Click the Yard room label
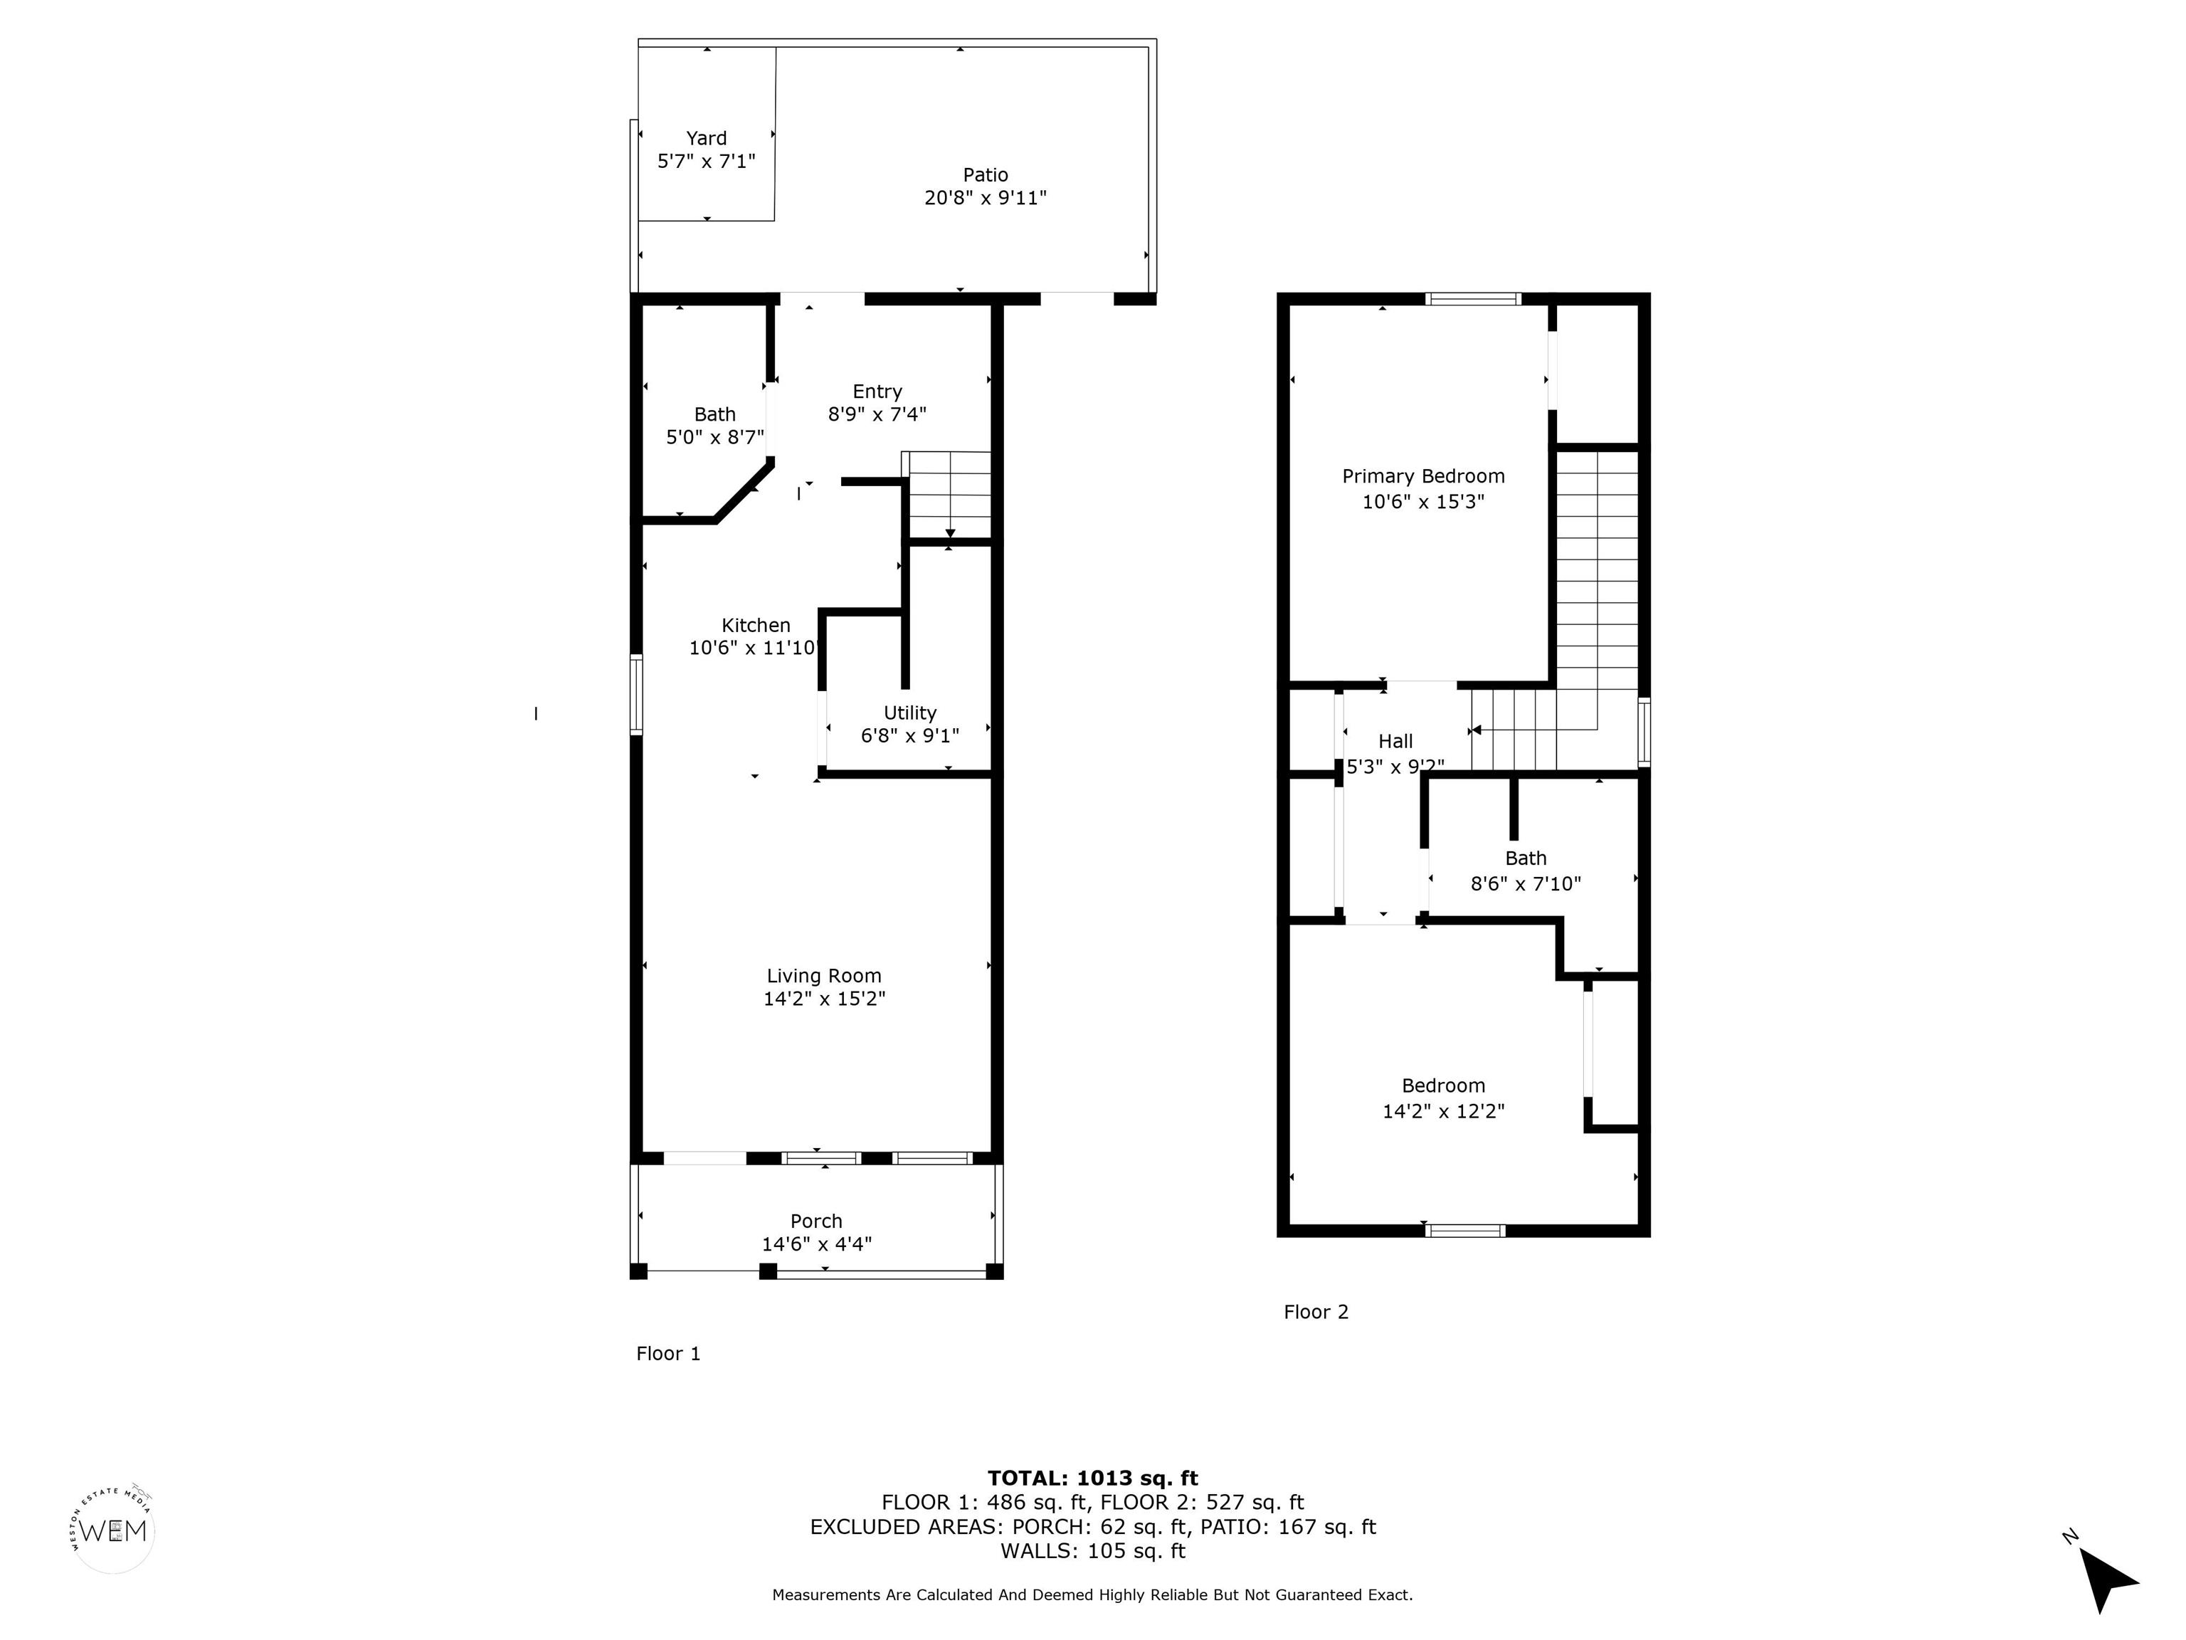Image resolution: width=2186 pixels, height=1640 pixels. coord(707,138)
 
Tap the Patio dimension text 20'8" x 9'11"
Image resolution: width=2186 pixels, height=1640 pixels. coord(986,198)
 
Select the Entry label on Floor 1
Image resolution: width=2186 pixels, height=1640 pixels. coord(877,391)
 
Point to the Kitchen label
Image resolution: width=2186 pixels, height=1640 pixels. coord(756,625)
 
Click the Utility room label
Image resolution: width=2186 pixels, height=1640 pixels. coord(910,713)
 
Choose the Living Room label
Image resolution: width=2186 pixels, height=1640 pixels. coord(824,976)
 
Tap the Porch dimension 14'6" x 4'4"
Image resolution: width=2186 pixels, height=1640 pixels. coord(816,1244)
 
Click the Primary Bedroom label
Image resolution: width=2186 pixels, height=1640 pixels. coord(1423,476)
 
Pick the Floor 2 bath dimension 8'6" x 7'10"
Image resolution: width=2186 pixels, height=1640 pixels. coord(1526,884)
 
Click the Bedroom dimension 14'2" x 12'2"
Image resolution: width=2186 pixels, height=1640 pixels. coord(1443,1111)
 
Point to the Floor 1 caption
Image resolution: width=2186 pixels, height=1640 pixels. coord(668,1353)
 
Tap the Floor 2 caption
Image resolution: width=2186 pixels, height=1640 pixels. coord(1315,1312)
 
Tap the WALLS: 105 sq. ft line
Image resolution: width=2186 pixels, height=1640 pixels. coord(1092,1550)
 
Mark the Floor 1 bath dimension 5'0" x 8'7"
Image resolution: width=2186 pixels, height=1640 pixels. coord(714,437)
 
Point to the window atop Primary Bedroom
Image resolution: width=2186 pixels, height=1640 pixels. coord(1472,298)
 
